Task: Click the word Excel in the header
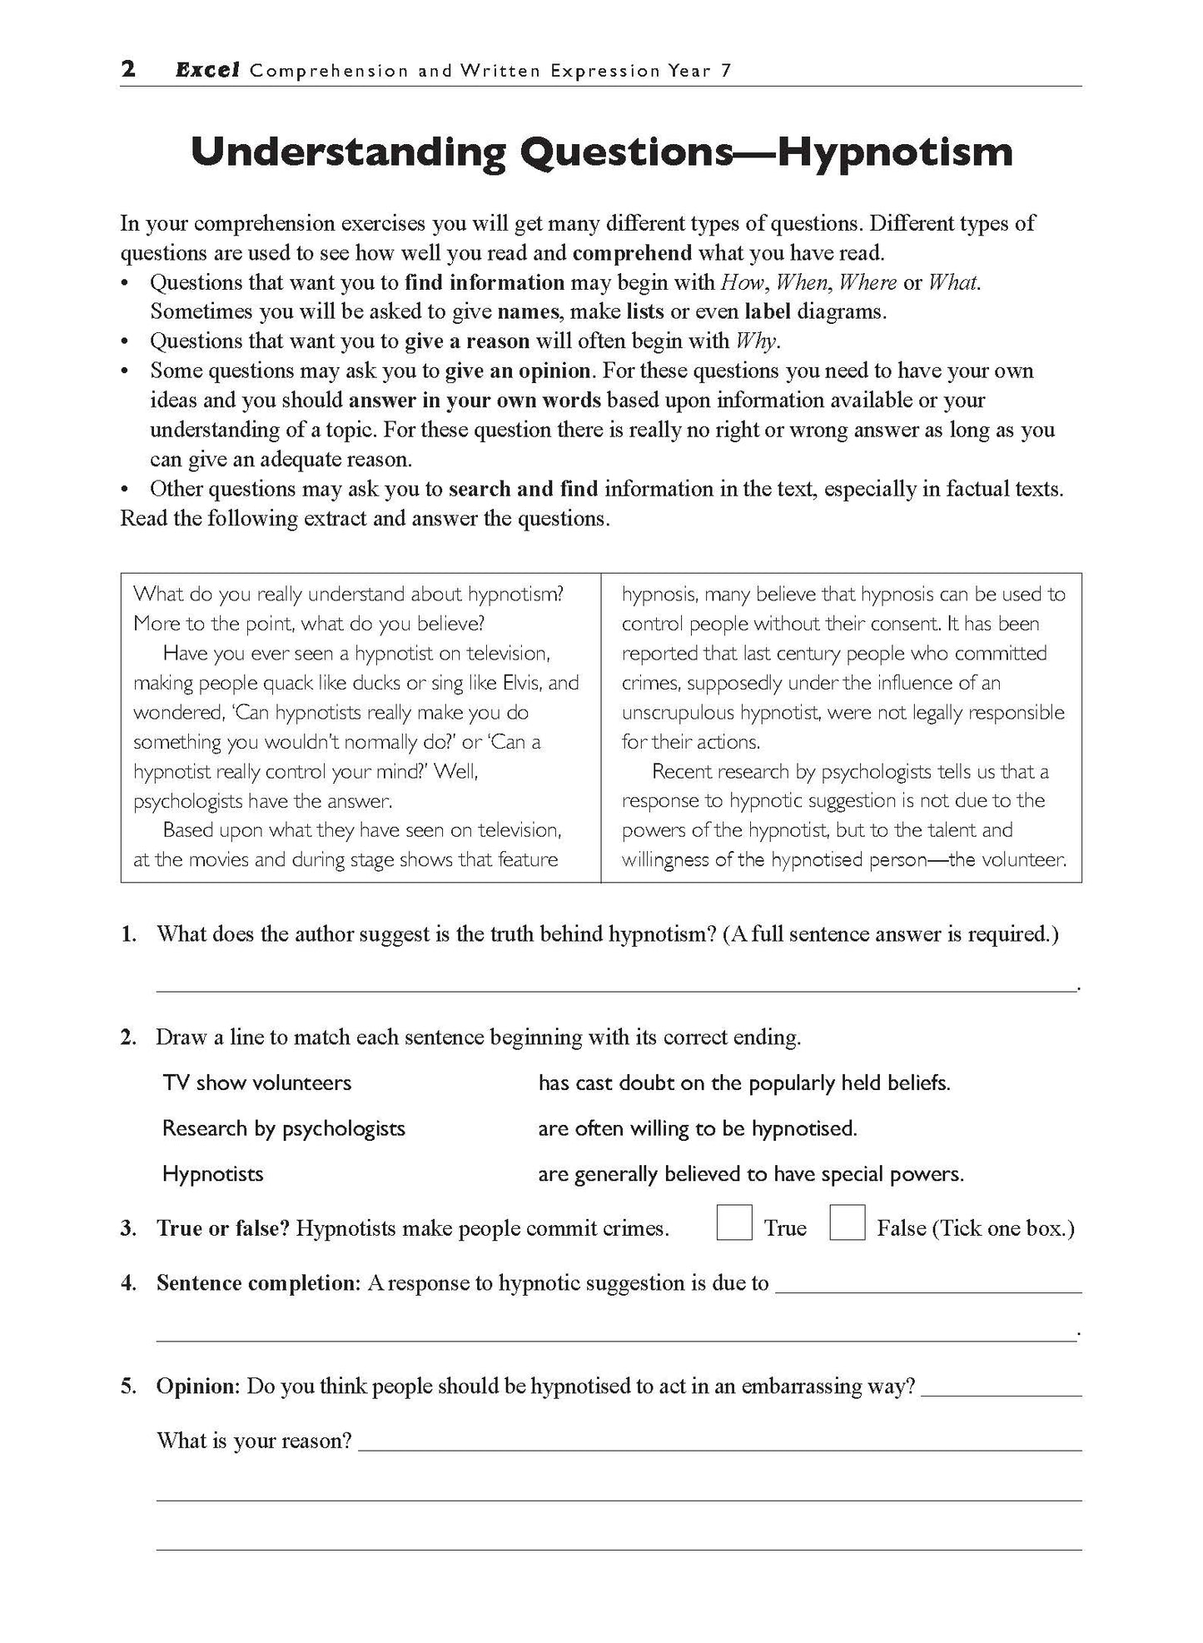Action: click(207, 71)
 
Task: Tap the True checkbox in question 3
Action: click(733, 1223)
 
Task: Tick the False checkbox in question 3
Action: click(847, 1223)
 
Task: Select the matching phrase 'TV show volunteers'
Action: click(256, 1083)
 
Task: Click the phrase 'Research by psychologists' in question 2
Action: click(283, 1128)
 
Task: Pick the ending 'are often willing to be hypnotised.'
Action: click(697, 1128)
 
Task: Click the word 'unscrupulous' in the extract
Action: click(678, 713)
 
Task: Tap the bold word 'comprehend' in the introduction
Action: click(632, 253)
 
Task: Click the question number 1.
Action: click(127, 934)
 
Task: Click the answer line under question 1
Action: click(616, 988)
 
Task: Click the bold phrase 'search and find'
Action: click(523, 489)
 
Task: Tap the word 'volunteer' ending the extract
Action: click(1027, 859)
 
